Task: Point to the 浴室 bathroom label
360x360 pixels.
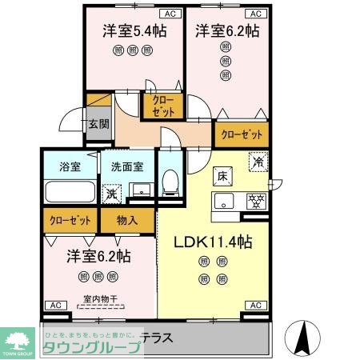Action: tap(70, 167)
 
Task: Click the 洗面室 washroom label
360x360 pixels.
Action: tap(127, 167)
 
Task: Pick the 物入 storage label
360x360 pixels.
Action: tap(126, 218)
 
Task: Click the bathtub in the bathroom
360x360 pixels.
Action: tap(69, 192)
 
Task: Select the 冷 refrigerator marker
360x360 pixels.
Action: tap(258, 159)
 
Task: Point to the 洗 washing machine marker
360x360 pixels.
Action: tap(112, 193)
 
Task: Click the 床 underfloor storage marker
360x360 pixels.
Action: tap(223, 175)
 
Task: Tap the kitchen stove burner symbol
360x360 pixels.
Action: tap(257, 199)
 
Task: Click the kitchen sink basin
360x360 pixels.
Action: tap(222, 199)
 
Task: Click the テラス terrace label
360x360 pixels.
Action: tap(157, 338)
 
